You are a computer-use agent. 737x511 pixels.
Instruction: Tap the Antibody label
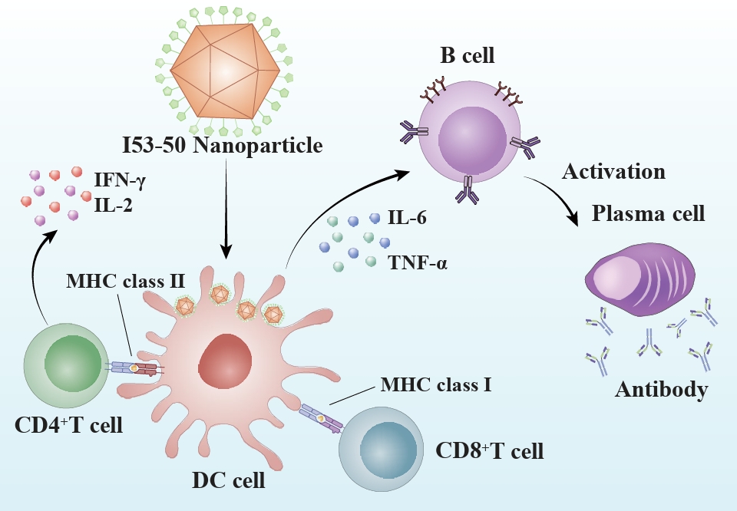coord(661,390)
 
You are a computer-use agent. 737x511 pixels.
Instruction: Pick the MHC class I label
coord(435,384)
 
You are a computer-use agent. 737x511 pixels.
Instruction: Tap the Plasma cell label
coord(648,213)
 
